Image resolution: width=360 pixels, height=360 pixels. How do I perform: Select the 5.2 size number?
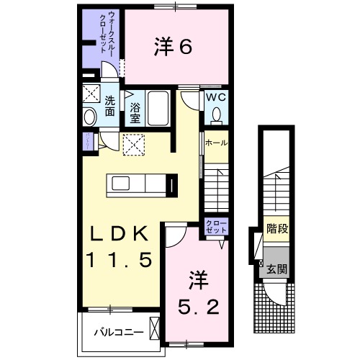coord(197,307)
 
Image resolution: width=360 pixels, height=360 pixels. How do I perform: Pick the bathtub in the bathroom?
coord(158,108)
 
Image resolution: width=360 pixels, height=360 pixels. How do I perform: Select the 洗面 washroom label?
coord(109,107)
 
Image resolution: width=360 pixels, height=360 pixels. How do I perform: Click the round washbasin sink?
coord(90,117)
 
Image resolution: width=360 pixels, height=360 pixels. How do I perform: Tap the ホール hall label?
coord(216,143)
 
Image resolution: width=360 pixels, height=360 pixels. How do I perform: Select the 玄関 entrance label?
coord(276,271)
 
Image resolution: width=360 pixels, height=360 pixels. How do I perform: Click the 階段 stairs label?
coord(276,230)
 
